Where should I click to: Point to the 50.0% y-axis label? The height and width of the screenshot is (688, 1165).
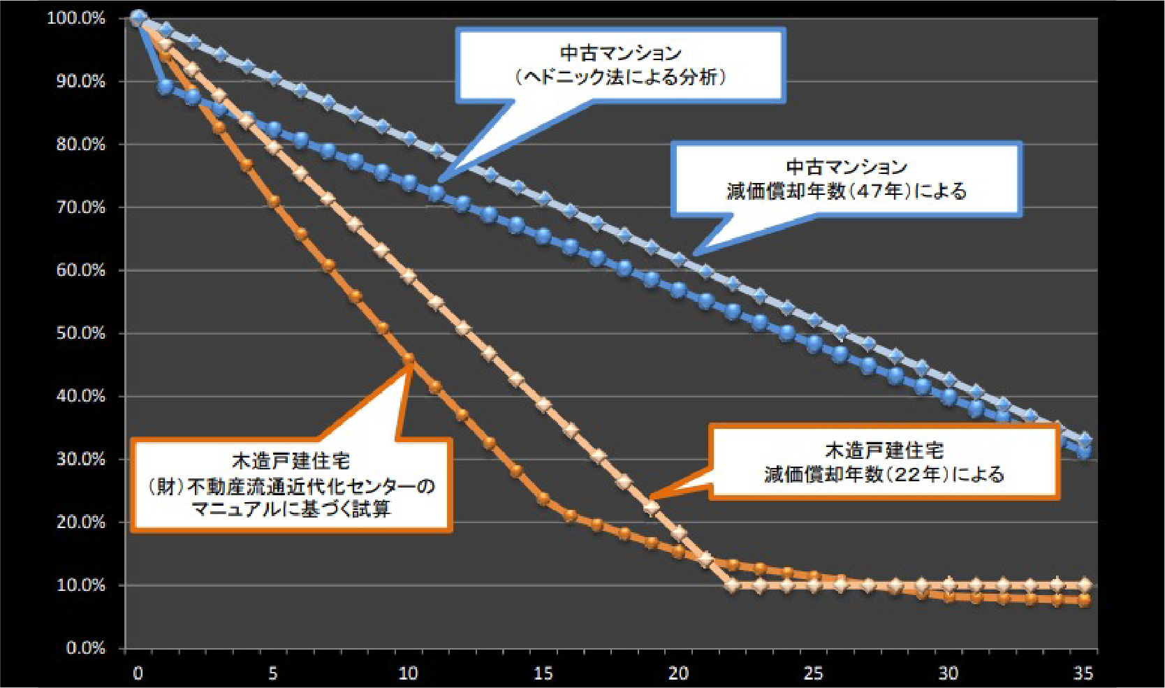[x=80, y=333]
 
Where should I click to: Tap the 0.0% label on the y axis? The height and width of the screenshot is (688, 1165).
[x=85, y=648]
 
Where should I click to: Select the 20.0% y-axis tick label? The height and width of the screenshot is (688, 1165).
[x=80, y=522]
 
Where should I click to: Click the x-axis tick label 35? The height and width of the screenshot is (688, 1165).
[x=1083, y=673]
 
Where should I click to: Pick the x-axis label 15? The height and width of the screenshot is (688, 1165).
[x=543, y=673]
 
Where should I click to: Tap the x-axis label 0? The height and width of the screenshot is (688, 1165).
[x=138, y=673]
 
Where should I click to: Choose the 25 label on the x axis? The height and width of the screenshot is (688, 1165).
[x=812, y=673]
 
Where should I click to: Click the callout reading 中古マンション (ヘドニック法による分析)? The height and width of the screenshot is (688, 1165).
[x=620, y=65]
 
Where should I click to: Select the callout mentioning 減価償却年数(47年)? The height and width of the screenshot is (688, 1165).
[x=846, y=179]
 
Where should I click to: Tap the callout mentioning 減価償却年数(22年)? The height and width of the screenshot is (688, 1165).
[x=884, y=462]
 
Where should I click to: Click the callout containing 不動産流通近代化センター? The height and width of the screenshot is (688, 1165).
[x=291, y=485]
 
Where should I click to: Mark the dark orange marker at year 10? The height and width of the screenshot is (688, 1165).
[x=409, y=359]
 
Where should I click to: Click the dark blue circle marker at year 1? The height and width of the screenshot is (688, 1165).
[x=166, y=87]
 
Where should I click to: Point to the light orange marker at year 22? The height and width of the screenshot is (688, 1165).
[x=732, y=585]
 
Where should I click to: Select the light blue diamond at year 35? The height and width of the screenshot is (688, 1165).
[x=1084, y=439]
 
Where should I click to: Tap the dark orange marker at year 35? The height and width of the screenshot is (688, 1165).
[x=1084, y=600]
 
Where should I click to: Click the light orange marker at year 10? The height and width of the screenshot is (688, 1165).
[x=409, y=276]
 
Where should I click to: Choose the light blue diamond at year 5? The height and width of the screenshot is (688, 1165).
[x=274, y=78]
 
